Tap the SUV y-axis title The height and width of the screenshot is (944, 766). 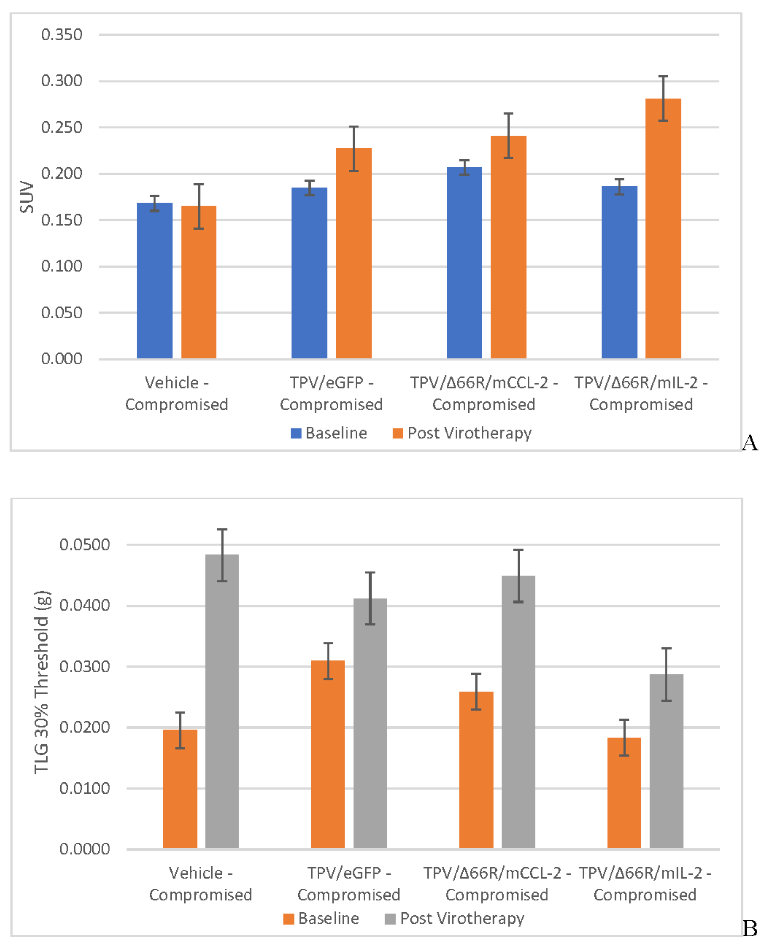[27, 197]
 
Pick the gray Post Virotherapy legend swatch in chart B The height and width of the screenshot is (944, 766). [390, 918]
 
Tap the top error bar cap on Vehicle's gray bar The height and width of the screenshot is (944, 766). [222, 529]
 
